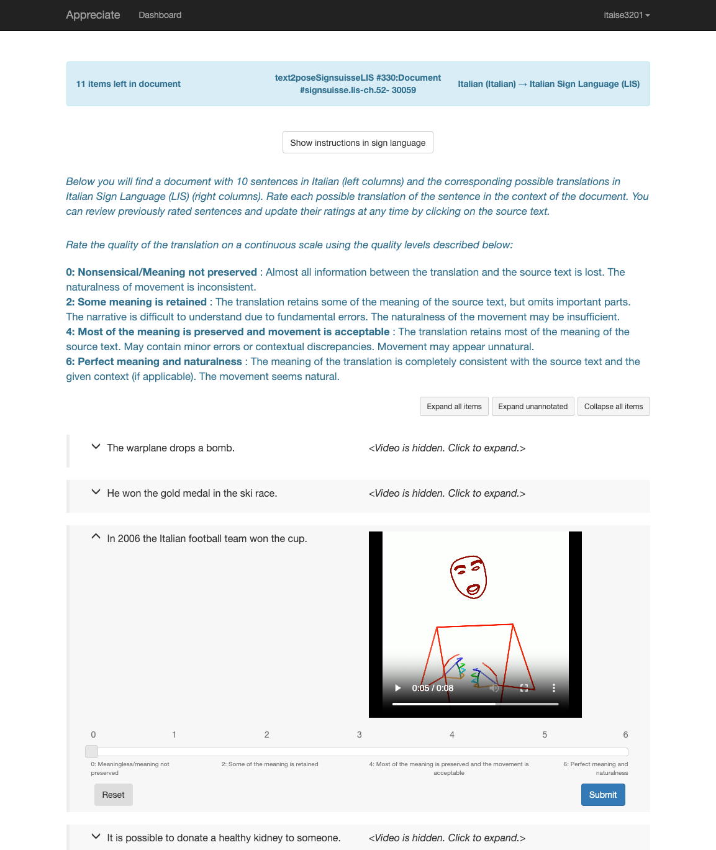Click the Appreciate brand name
tap(93, 15)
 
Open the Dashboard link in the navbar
tap(160, 15)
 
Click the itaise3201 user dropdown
tap(626, 15)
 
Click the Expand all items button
tap(454, 407)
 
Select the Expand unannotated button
tap(533, 407)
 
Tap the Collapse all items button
tap(614, 407)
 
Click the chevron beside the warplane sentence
tap(96, 447)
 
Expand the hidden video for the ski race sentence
tap(446, 494)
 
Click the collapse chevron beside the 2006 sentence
tap(96, 536)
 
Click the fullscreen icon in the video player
tap(524, 688)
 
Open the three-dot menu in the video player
tap(554, 688)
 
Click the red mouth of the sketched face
tap(473, 589)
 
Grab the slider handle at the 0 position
tap(92, 751)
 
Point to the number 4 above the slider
tap(452, 735)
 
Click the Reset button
tap(113, 795)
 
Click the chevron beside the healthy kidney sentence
tap(96, 836)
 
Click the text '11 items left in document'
tap(129, 84)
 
